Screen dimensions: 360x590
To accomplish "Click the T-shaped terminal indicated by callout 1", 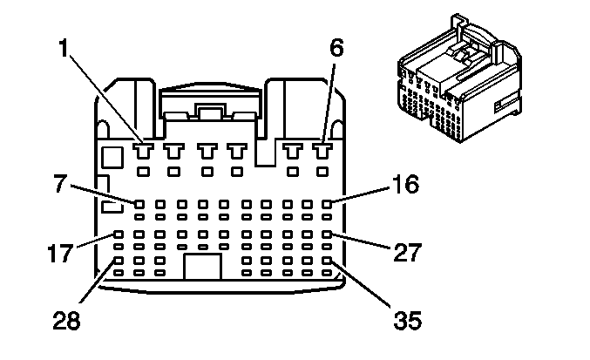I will pos(142,150).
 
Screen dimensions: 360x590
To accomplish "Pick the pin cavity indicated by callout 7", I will pos(139,204).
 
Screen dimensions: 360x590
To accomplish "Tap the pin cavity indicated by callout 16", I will pos(328,204).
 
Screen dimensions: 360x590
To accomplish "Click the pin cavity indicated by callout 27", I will pos(328,234).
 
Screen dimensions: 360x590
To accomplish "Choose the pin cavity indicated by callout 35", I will pos(328,260).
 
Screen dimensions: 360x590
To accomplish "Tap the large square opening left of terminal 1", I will pos(112,158).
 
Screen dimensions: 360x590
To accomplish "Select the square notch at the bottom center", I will pos(202,265).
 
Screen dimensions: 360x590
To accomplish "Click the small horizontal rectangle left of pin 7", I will pos(111,207).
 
